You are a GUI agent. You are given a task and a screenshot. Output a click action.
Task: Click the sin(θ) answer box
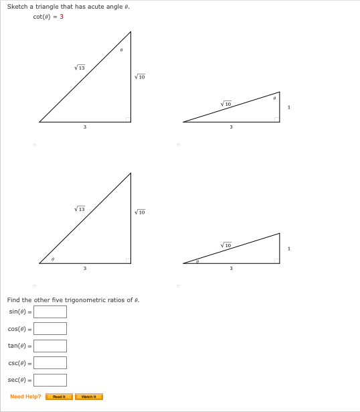pos(50,312)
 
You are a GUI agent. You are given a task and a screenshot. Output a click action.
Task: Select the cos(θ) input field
pos(50,328)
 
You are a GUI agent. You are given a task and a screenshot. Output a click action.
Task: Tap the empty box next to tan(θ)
pos(50,346)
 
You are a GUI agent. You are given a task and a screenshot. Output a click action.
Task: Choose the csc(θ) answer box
pos(50,362)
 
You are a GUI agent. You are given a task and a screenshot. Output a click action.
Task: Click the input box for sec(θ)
pos(50,380)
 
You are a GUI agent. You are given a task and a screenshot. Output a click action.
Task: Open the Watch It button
pos(88,397)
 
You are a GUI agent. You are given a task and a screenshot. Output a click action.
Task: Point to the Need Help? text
pos(25,397)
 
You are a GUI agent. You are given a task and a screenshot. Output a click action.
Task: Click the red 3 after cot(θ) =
pos(62,17)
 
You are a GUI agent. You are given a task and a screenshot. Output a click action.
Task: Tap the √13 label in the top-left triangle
pos(80,66)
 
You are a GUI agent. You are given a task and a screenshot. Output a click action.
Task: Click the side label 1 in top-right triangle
pos(288,107)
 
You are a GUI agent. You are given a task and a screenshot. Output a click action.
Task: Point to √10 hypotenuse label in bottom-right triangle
pos(228,245)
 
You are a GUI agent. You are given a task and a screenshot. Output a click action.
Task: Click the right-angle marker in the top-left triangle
pos(127,119)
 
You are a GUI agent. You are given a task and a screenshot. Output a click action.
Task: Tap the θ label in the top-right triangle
pos(274,98)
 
